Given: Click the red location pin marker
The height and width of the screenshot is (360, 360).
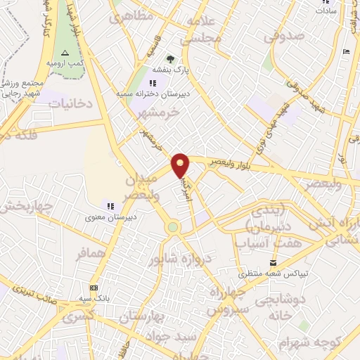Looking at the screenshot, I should (x=181, y=165).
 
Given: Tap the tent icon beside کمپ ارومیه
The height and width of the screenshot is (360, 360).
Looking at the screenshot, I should (x=65, y=53).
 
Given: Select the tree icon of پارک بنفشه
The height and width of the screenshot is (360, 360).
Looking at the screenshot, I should (x=169, y=60).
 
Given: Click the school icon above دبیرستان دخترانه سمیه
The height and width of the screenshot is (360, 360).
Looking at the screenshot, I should (x=153, y=83).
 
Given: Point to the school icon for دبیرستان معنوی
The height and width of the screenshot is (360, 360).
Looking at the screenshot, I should (x=110, y=205).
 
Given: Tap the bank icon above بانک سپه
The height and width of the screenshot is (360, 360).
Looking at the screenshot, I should (x=94, y=288).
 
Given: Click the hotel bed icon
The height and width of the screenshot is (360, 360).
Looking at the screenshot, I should (x=345, y=52).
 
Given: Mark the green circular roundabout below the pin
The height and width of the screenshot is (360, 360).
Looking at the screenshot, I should (x=172, y=227).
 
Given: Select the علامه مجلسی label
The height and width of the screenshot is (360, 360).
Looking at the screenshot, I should (x=202, y=31).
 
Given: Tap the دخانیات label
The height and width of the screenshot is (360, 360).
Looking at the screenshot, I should (x=70, y=103).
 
